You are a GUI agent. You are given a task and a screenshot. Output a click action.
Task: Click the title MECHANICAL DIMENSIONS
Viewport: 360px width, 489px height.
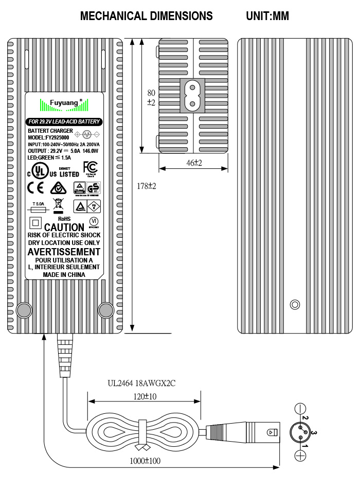tap(146, 16)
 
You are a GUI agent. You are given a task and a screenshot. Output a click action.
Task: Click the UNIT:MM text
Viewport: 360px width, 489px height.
tap(267, 16)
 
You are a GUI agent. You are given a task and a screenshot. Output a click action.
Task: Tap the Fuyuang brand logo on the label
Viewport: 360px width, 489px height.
tap(64, 103)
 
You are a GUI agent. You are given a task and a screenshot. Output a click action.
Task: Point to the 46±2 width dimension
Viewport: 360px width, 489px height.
tap(193, 163)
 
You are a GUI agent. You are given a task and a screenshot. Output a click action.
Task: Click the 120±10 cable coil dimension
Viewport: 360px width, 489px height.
tap(145, 397)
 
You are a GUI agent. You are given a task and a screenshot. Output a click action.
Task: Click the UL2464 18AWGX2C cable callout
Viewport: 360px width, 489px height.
tap(141, 383)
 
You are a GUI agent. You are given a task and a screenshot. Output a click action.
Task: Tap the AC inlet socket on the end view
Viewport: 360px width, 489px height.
tap(192, 96)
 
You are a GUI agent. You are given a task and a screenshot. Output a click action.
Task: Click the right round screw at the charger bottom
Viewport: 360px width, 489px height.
tap(105, 310)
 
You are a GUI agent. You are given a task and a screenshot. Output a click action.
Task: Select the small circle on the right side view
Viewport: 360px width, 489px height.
tap(295, 305)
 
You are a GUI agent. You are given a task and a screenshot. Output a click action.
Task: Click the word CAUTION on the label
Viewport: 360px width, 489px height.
tap(64, 227)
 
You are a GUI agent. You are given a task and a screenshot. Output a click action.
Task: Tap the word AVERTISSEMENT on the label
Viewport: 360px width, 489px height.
tap(64, 252)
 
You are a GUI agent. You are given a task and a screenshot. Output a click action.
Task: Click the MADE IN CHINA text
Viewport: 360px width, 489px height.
tap(64, 275)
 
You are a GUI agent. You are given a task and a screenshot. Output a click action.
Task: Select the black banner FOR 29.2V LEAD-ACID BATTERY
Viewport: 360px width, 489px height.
tap(64, 122)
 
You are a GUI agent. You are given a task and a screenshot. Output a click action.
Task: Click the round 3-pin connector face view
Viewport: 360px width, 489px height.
tap(300, 432)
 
